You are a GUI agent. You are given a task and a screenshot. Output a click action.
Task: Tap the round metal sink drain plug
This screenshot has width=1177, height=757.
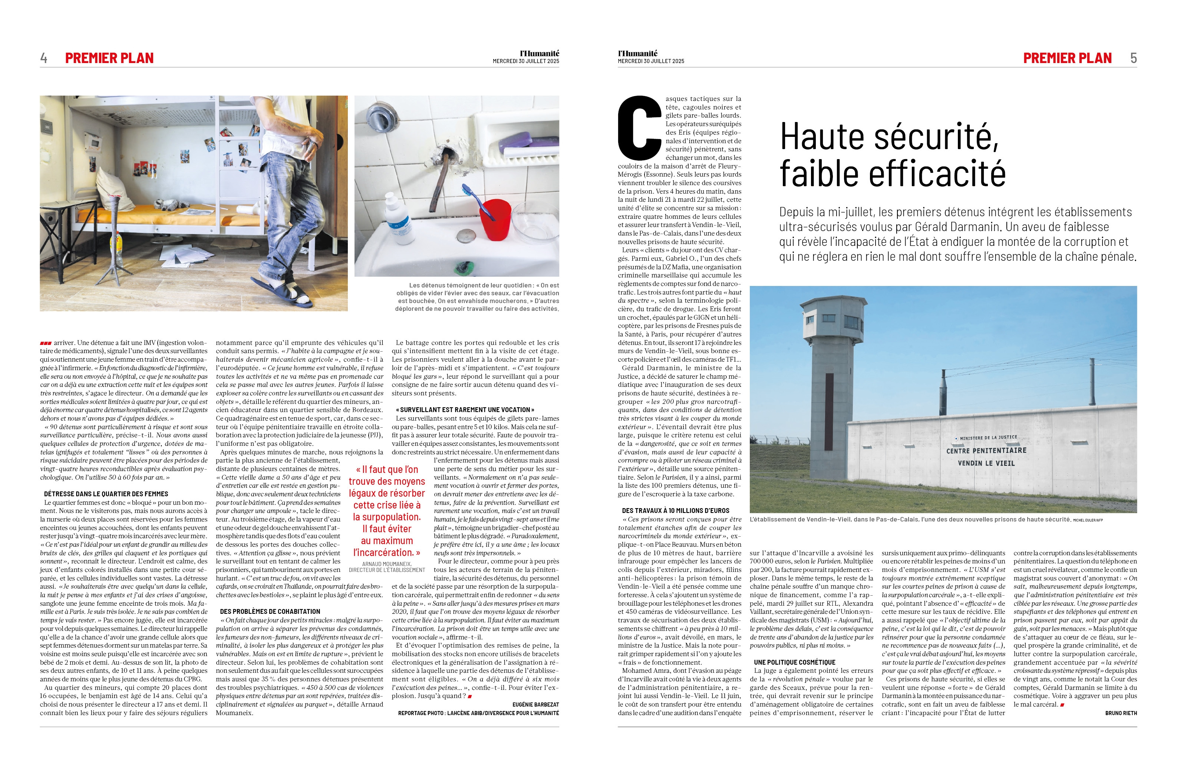pos(465,236)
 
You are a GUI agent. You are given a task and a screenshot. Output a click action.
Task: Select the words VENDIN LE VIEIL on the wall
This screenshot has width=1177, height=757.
pos(986,463)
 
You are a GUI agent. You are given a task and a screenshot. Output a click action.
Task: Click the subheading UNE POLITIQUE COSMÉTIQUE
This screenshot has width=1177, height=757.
pos(794,662)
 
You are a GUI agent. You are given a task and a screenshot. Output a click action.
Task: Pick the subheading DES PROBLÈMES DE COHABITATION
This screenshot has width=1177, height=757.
pos(270,612)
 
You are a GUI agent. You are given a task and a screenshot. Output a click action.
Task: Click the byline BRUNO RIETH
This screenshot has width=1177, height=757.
pos(1121,713)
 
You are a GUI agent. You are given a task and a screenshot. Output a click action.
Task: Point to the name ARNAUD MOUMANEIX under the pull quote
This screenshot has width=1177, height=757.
pos(387,564)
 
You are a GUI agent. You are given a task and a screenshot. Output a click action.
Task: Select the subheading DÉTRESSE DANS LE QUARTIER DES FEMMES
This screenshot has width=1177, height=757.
pos(106,494)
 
